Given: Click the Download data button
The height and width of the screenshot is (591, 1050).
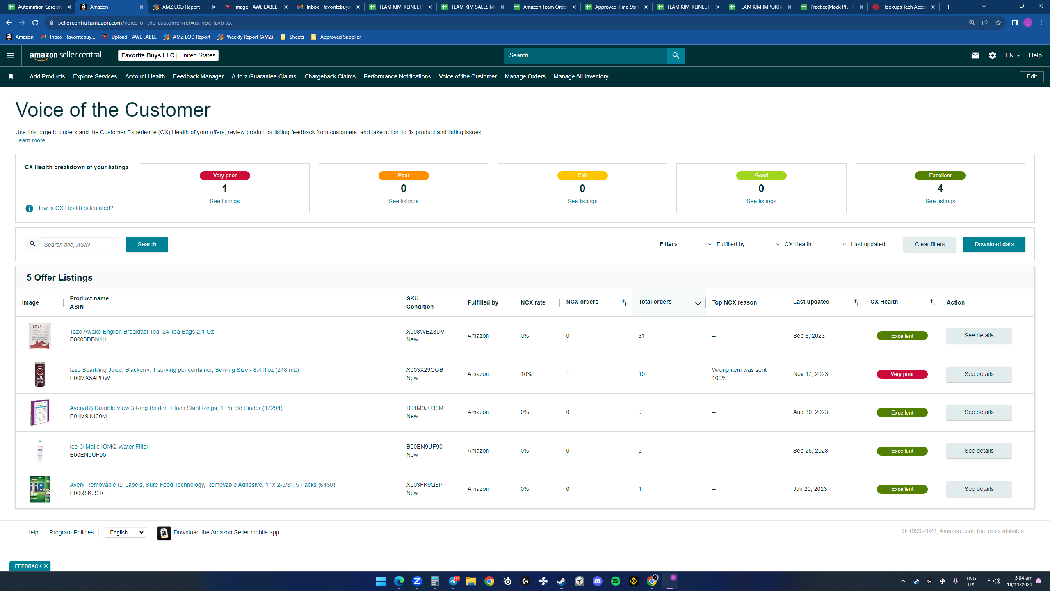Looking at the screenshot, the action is pos(994,244).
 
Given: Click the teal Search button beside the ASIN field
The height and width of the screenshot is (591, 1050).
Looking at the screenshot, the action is pos(147,244).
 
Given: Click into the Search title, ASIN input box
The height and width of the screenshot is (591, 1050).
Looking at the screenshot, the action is pos(80,244).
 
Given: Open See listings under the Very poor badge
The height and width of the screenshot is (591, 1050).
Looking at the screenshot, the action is pos(225,201).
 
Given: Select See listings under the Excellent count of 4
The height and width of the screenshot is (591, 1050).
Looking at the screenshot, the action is pos(940,201).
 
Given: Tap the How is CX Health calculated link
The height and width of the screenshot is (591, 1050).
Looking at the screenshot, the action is pos(75,208).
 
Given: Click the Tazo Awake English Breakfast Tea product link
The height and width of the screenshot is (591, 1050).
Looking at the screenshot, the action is pos(142,332).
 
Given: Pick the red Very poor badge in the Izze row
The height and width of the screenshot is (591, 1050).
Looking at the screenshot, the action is pos(902,374).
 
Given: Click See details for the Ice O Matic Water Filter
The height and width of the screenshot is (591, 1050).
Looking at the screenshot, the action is pos(979,451).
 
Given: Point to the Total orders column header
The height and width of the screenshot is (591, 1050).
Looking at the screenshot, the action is pos(655,302).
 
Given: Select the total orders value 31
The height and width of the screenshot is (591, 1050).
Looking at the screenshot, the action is pos(641,336).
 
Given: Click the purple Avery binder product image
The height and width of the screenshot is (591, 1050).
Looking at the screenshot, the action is pos(40,412).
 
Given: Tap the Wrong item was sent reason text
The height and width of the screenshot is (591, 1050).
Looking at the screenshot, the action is pos(739,370).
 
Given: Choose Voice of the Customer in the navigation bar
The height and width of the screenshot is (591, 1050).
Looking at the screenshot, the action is pos(468,76).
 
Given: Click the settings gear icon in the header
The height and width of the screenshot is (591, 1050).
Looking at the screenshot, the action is pos(992,55).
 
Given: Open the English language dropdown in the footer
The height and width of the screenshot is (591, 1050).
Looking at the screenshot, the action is pos(125,532).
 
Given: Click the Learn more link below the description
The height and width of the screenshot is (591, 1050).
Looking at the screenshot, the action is pos(30,140).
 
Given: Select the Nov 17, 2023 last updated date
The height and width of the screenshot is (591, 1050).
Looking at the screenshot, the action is pos(810,374).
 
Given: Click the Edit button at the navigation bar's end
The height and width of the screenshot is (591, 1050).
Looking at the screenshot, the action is pos(1032,76).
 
